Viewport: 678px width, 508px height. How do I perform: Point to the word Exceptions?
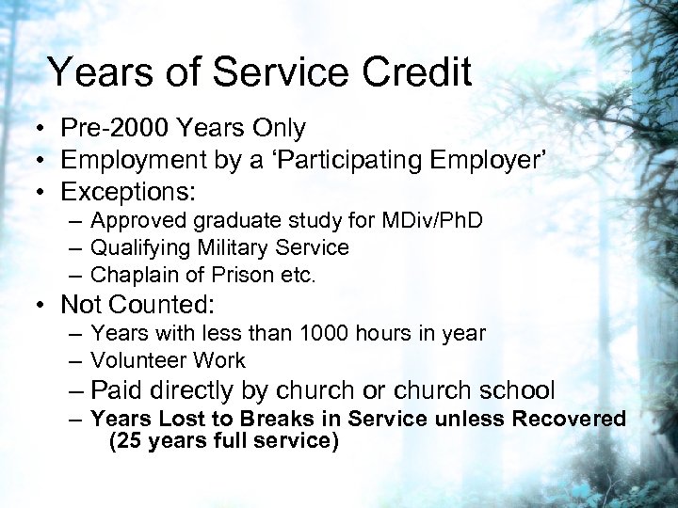pos(126,193)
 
